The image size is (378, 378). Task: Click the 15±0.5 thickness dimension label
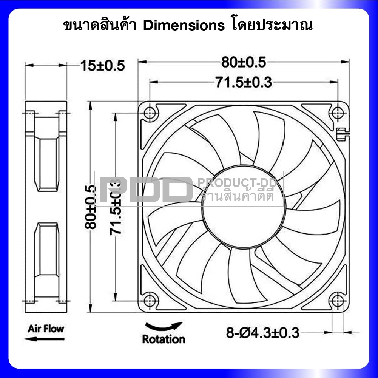point(102,66)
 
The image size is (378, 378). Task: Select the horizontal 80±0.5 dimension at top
point(244,62)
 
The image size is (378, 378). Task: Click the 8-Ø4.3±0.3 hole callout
point(262,333)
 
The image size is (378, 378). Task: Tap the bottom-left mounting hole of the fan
point(150,301)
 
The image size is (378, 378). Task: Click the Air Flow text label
point(46,329)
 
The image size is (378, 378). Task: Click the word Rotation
point(164,339)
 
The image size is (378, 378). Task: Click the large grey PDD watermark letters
point(147,189)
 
